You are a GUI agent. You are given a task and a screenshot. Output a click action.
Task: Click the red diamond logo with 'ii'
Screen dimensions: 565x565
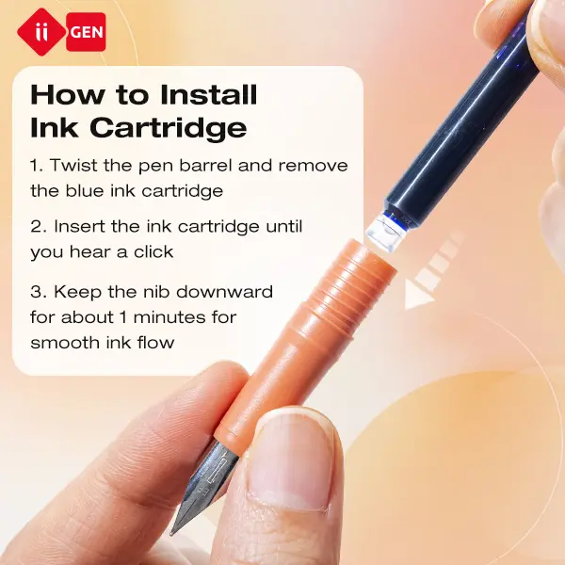pos(41,32)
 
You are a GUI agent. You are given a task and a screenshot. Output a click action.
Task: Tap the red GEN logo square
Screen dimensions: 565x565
pos(86,32)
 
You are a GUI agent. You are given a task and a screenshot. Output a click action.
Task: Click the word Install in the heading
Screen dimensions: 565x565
pos(209,94)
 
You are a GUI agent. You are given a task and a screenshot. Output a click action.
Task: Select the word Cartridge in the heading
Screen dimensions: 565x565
pos(169,127)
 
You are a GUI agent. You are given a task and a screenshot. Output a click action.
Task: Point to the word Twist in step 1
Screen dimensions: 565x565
pos(73,166)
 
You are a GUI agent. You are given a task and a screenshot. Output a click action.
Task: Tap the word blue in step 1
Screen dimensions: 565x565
pos(85,190)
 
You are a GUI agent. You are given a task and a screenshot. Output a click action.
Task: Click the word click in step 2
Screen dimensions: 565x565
pos(153,251)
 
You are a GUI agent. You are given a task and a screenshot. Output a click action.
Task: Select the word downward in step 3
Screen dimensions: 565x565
pos(224,292)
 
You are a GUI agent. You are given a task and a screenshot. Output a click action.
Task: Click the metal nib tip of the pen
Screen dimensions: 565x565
pos(172,531)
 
